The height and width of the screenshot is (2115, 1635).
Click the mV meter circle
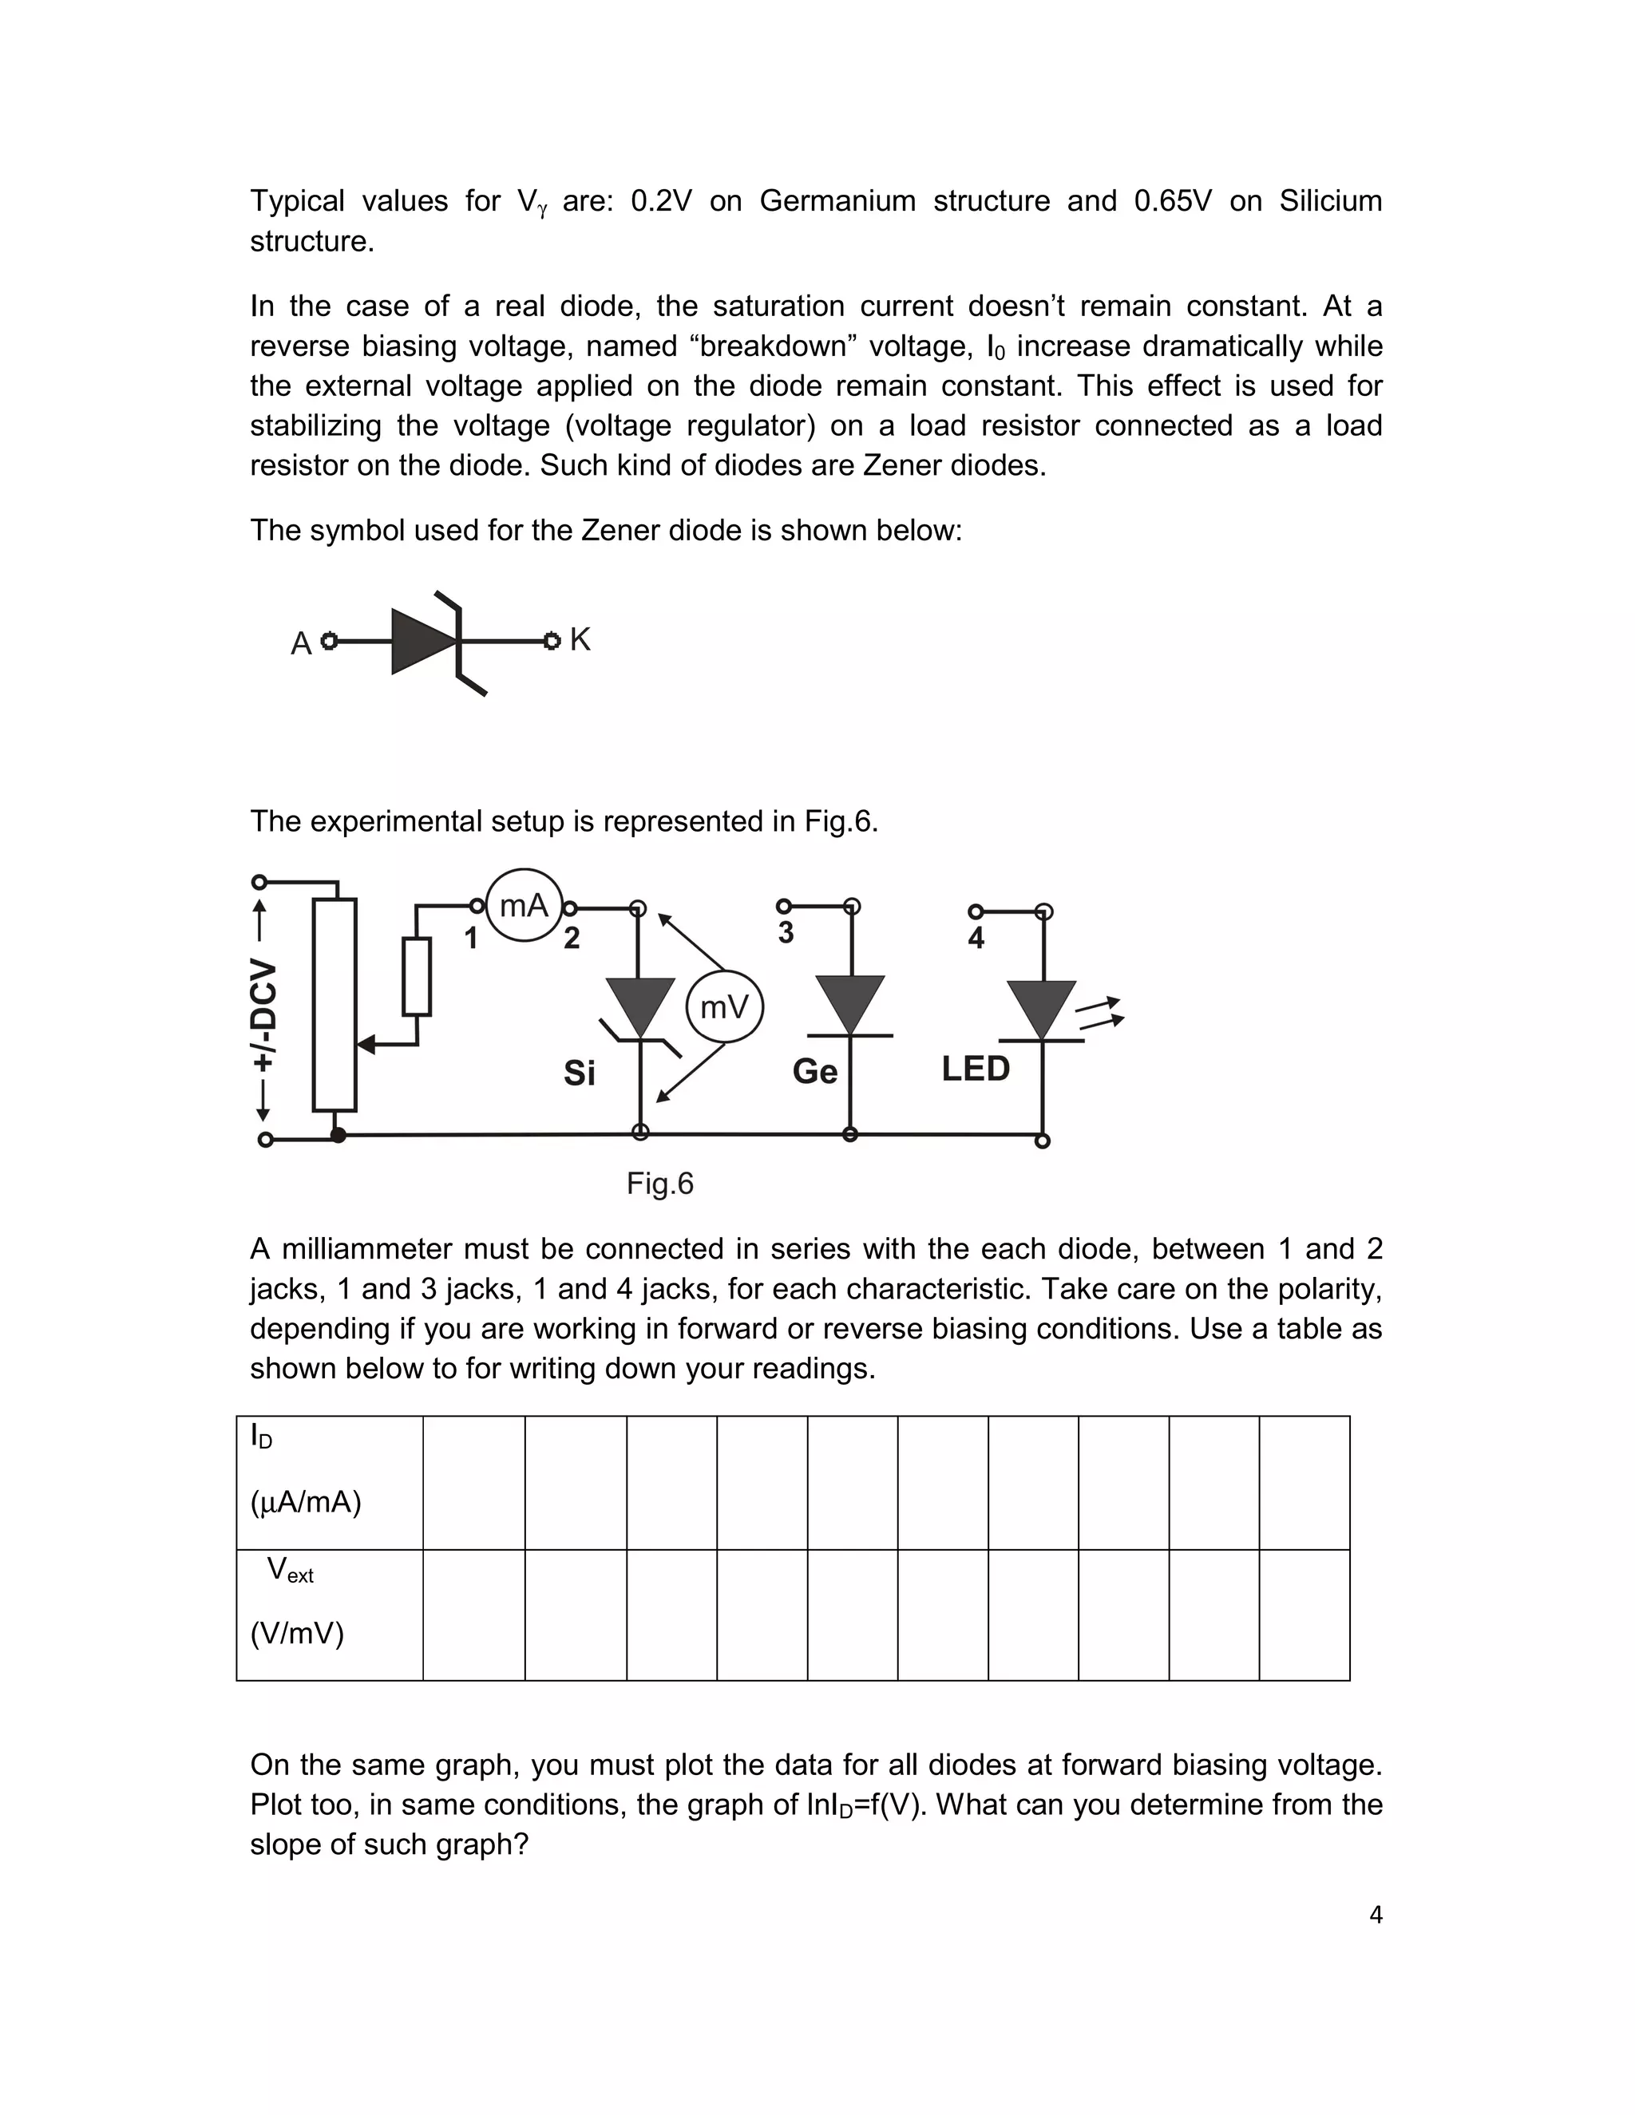point(725,1007)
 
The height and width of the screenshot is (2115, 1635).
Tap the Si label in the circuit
point(580,1073)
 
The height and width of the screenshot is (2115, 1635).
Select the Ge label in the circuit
point(814,1071)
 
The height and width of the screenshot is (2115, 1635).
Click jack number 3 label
point(786,932)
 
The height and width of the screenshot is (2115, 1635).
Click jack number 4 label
point(976,939)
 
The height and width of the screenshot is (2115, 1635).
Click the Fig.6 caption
point(659,1184)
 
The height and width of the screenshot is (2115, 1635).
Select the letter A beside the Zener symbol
point(301,644)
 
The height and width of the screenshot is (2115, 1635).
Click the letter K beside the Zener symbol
point(580,640)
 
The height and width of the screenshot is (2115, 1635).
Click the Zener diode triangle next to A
point(419,641)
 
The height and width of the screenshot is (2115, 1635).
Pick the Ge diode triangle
point(849,1002)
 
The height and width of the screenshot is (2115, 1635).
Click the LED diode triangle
point(1041,1008)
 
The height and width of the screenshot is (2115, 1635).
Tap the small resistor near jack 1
point(417,976)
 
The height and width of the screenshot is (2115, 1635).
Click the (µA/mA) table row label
point(305,1502)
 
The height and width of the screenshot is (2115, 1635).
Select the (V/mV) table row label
point(297,1634)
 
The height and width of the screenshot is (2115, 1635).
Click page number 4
point(1376,1915)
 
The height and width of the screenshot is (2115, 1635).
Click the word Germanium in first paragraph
point(837,200)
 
